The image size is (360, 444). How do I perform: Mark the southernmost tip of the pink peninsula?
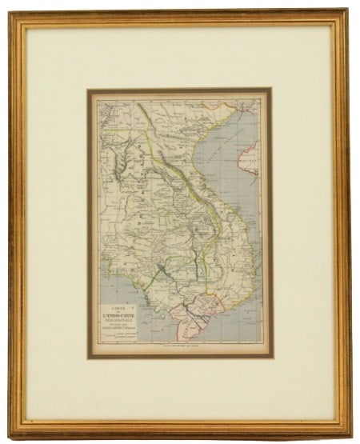(191, 330)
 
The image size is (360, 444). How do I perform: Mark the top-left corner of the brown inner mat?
(88, 90)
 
